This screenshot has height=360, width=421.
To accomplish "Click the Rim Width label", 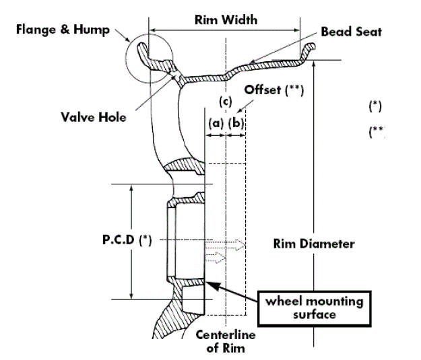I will point(226,20).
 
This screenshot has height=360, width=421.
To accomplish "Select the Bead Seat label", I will point(352,32).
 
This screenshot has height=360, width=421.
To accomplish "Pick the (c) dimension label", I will point(226,102).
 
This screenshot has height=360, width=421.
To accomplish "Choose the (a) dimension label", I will point(216,123).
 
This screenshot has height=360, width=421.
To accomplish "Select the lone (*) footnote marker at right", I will point(375,106).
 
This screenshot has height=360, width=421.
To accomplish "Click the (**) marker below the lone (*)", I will point(377,131).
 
